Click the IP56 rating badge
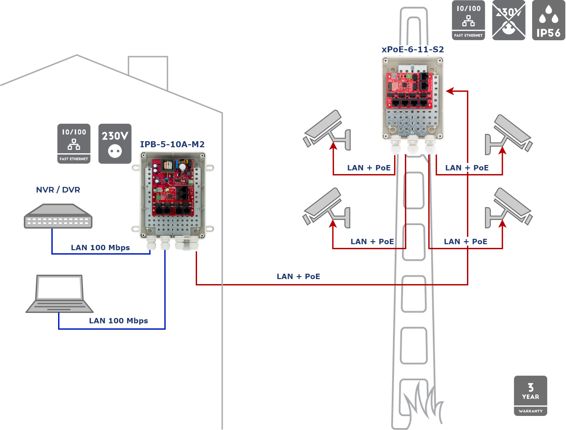(x=549, y=20)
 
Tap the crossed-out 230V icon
(x=509, y=20)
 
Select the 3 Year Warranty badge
(x=530, y=396)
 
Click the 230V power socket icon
(x=115, y=144)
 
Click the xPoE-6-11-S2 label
(x=413, y=50)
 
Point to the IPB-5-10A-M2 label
(x=172, y=145)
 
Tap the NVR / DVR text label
(x=58, y=190)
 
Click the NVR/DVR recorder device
(x=58, y=216)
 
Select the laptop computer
(x=59, y=294)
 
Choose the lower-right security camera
(x=509, y=207)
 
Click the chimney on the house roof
(x=148, y=69)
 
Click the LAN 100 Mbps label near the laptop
(x=119, y=321)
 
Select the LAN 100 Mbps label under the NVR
(x=100, y=248)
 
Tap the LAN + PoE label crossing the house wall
(x=298, y=277)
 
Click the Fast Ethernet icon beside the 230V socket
(x=74, y=144)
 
